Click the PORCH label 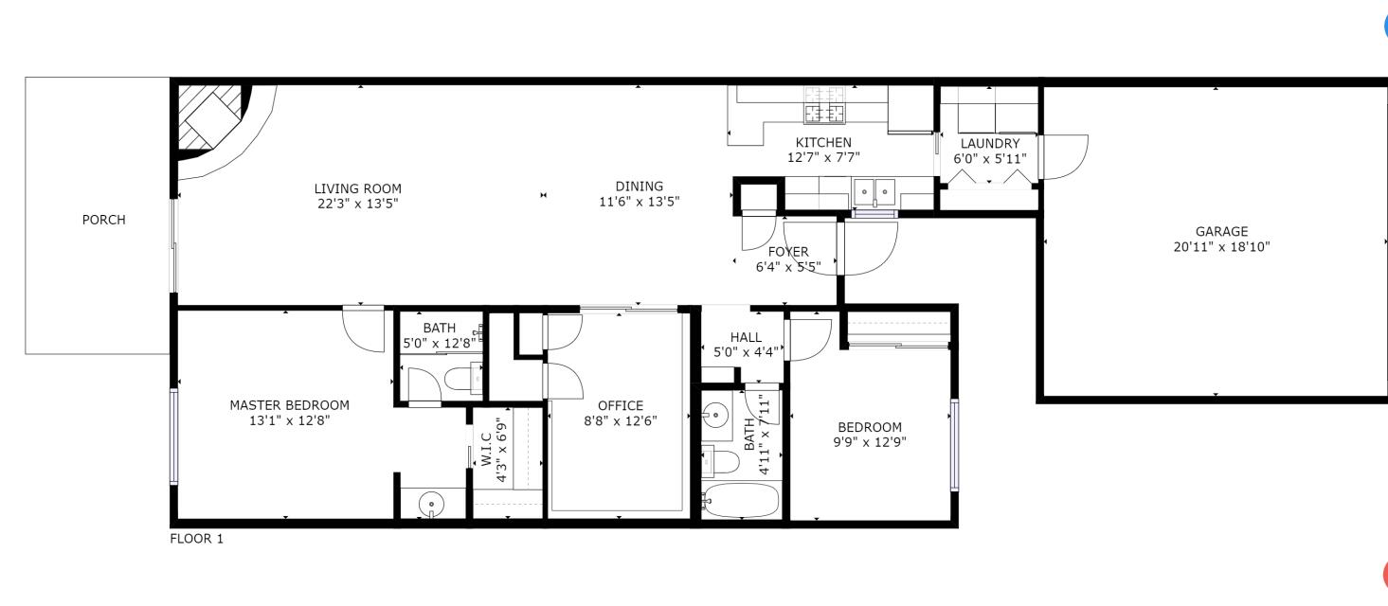103,220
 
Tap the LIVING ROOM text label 358,188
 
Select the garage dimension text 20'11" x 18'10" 1221,246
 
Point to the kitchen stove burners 824,106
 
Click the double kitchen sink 874,192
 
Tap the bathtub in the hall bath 742,500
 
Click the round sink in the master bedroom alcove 432,504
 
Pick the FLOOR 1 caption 196,539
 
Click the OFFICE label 621,406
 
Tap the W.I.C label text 486,449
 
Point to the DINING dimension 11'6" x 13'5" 640,201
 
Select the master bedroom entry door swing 361,328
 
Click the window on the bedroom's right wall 954,445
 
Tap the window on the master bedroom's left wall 174,437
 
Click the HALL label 746,337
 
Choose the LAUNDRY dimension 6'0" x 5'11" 989,159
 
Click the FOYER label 788,252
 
